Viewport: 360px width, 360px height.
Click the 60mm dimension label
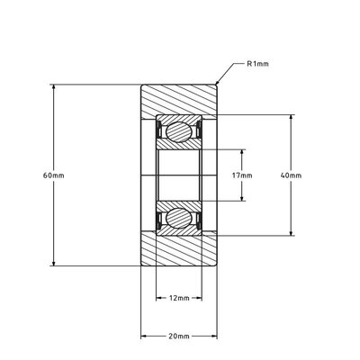tap(54, 175)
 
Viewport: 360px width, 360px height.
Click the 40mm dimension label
tap(291, 175)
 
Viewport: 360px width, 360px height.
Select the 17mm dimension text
tap(242, 175)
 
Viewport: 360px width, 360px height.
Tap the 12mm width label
tap(179, 298)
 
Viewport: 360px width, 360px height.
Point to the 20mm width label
tap(179, 337)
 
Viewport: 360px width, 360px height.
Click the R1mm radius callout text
tap(257, 64)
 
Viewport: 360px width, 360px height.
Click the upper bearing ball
tap(179, 131)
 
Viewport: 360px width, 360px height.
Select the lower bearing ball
tap(179, 219)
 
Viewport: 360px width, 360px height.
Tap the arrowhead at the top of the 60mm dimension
tap(54, 87)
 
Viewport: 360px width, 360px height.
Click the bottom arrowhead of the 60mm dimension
tap(54, 263)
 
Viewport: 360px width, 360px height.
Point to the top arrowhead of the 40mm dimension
tap(291, 118)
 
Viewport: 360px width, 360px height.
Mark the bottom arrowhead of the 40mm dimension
tap(291, 233)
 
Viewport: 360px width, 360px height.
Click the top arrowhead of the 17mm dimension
tap(242, 152)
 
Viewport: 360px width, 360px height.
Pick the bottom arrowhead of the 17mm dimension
tap(242, 198)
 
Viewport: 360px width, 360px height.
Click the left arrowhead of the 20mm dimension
tap(144, 337)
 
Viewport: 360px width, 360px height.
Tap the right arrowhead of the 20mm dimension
tap(214, 337)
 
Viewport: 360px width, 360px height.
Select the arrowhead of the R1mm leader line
tap(218, 81)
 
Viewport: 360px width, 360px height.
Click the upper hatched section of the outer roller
tap(179, 99)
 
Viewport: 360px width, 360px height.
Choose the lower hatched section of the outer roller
tap(179, 251)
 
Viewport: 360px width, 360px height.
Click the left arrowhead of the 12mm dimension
tap(159, 298)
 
